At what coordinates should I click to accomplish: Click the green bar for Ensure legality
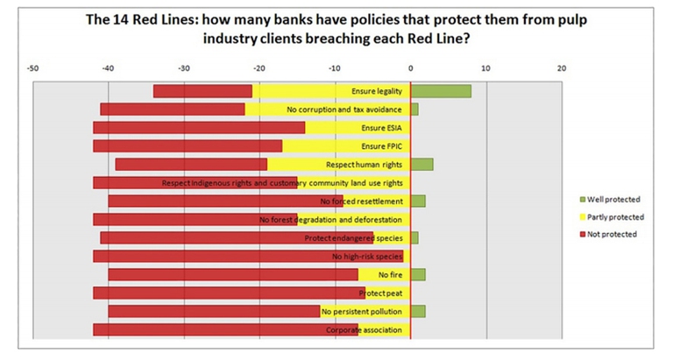[441, 91]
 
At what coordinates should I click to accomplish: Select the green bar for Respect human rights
[422, 165]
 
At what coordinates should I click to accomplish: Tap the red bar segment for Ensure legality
[202, 91]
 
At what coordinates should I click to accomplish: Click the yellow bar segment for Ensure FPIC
[346, 145]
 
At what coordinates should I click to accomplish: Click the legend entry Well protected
[613, 199]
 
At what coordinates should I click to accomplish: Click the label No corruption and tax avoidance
[344, 109]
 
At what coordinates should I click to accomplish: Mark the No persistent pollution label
[361, 311]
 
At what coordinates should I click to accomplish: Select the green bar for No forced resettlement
[418, 201]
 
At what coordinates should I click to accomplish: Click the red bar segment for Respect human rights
[191, 165]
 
